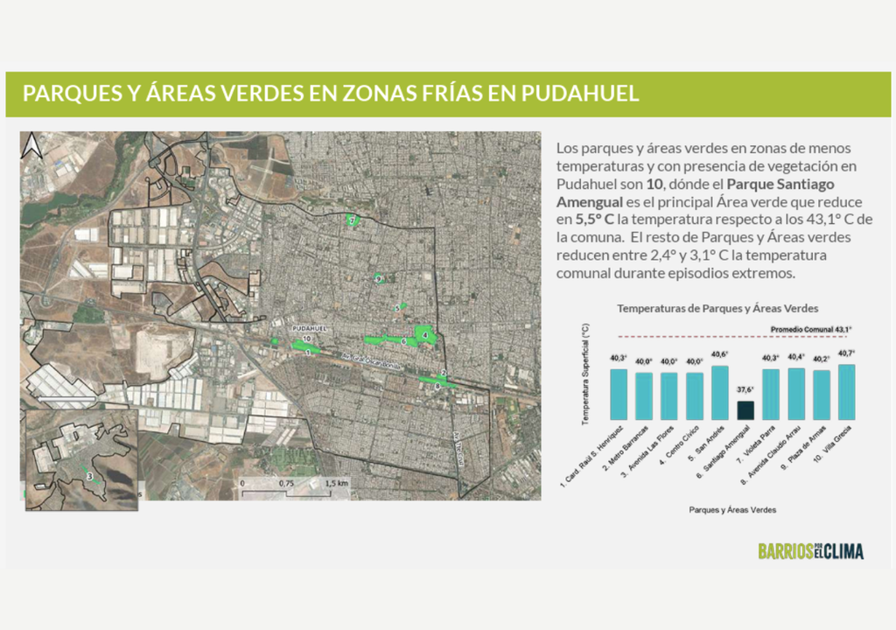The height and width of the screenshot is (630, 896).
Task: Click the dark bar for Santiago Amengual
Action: point(745,410)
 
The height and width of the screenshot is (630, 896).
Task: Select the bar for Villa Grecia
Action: point(847,392)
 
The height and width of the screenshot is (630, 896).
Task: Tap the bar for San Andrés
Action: point(720,392)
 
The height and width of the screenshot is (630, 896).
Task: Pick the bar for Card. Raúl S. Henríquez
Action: point(619,394)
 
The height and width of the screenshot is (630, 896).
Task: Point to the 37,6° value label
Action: point(745,390)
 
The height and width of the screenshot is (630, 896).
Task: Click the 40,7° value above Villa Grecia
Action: point(847,353)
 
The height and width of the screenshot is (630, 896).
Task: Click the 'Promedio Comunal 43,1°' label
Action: point(810,329)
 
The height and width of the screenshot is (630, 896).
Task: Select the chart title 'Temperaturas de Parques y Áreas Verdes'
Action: point(717,309)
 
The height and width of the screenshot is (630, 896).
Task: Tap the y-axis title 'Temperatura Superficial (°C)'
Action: point(585,374)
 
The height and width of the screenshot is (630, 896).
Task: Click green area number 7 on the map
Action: point(353,220)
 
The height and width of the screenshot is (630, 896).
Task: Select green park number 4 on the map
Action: point(425,334)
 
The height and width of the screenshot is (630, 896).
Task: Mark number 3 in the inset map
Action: point(90,476)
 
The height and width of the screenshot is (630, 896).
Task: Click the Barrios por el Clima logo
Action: point(810,551)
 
